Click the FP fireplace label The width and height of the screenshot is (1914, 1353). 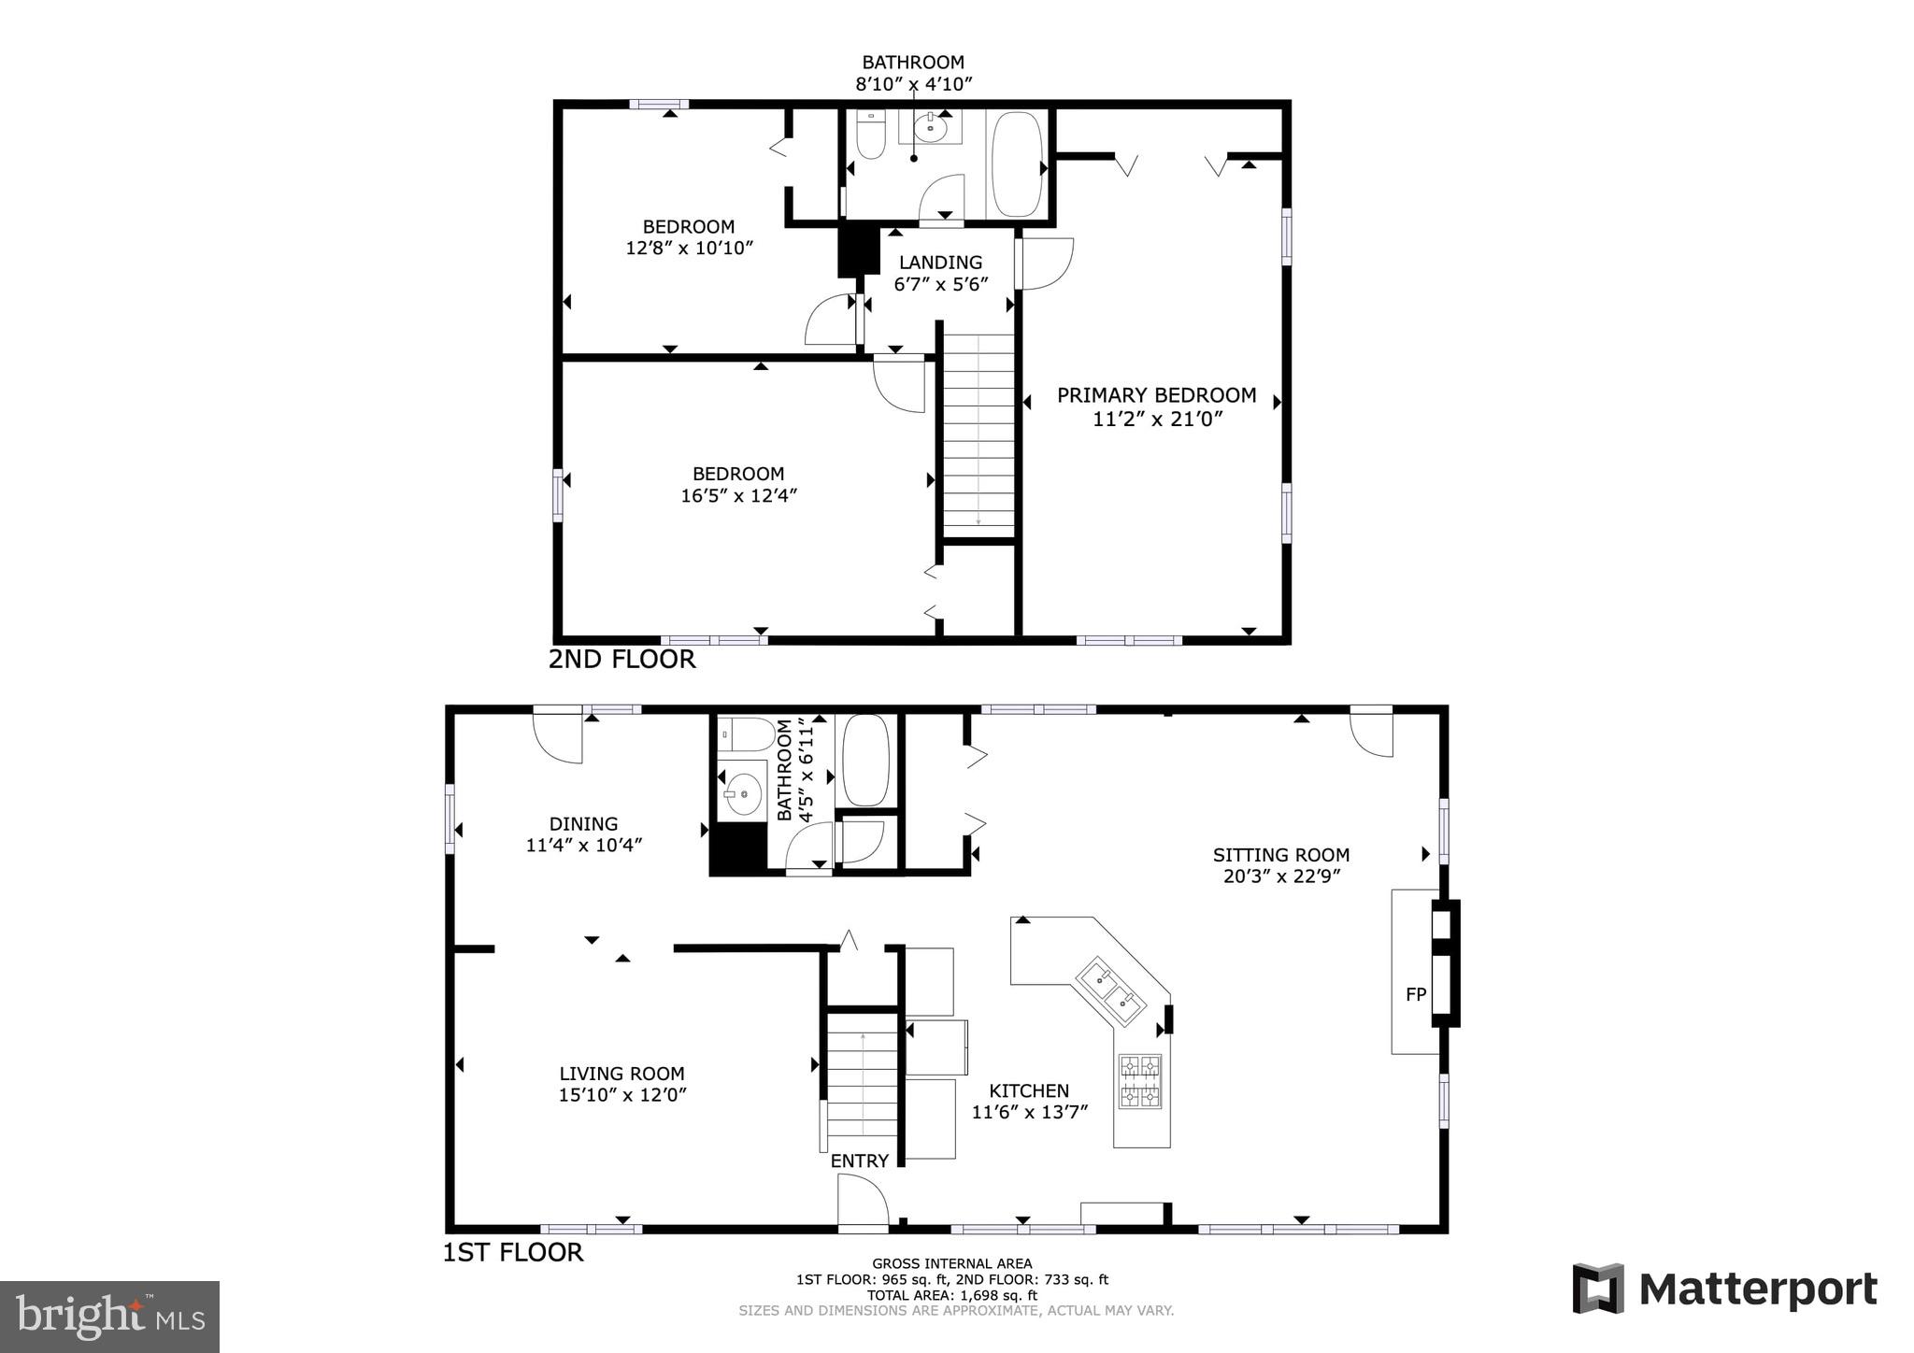coord(1415,994)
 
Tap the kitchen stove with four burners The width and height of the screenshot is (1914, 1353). coord(1141,1082)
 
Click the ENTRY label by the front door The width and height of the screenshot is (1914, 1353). coord(859,1161)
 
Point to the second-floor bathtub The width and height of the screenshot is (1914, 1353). coord(1016,164)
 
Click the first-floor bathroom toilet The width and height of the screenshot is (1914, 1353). coord(745,734)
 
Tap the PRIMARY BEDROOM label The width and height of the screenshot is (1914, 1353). coord(1156,395)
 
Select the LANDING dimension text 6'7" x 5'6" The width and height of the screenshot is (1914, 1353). coord(940,284)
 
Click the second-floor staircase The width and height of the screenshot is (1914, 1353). coord(978,434)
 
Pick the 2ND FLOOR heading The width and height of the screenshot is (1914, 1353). coord(621,659)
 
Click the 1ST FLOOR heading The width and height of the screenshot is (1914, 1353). coord(512,1252)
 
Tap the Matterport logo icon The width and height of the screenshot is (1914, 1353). coord(1598,1289)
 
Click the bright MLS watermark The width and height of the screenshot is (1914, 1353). coord(109,1317)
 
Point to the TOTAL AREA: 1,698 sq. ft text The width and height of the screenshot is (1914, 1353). coord(951,1295)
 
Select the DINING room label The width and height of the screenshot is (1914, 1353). coord(583,823)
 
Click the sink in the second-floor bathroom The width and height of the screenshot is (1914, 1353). coord(930,129)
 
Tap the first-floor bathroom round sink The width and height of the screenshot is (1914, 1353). coord(743,795)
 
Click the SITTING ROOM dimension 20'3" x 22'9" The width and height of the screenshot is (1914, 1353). coord(1280,876)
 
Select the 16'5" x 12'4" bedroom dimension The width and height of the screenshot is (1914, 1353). coord(738,495)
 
